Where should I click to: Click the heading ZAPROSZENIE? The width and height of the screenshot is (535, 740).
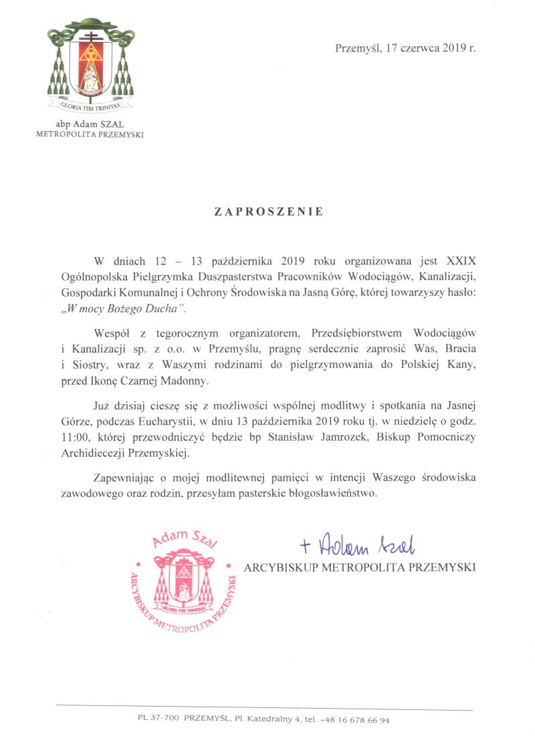[269, 212]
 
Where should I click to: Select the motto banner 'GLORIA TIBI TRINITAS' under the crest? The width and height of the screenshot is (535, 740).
[90, 106]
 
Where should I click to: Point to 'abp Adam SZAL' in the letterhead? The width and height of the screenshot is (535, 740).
[90, 124]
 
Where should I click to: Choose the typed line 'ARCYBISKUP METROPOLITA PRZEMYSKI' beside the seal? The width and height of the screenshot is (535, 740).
[360, 568]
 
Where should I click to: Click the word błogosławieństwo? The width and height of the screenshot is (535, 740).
[330, 494]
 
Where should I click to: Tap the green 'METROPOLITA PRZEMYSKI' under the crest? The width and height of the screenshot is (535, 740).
[90, 134]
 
